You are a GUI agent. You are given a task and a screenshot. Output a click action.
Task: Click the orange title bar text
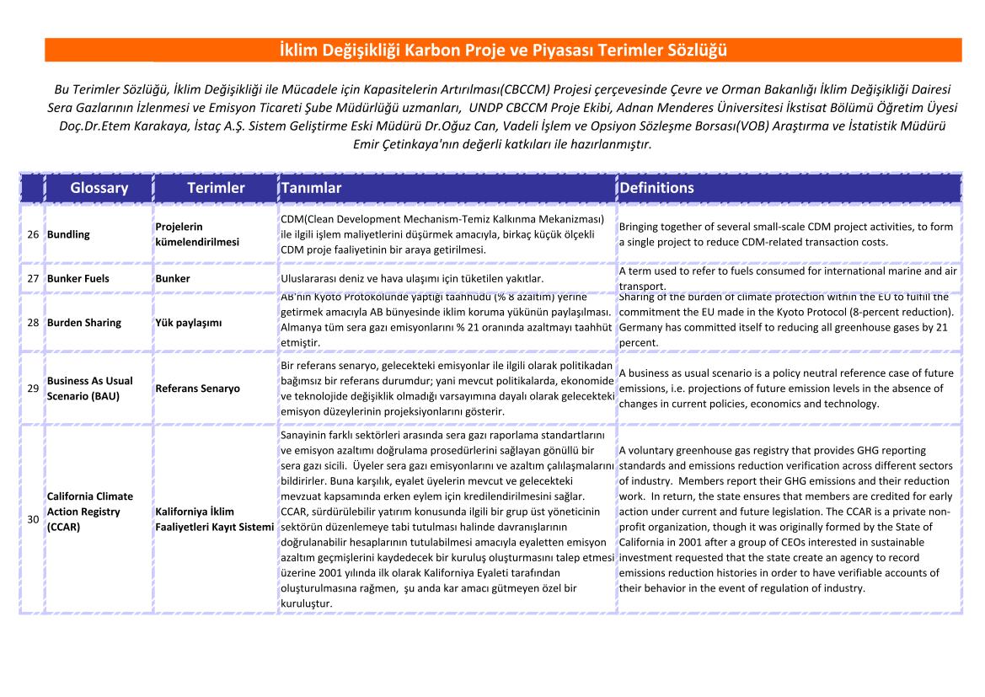503,50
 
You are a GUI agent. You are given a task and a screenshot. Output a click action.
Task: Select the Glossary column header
99,188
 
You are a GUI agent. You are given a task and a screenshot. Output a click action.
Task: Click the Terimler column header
216,188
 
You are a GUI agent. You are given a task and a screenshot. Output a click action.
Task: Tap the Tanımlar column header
312,188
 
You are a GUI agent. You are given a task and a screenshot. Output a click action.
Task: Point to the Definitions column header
656,188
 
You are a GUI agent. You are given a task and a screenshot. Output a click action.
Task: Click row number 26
33,234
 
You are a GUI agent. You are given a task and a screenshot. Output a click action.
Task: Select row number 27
33,278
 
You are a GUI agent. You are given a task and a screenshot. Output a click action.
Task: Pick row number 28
33,323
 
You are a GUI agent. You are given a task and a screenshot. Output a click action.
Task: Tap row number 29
33,389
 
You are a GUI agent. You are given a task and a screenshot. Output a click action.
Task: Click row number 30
33,519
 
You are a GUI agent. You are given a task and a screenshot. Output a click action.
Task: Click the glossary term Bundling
68,234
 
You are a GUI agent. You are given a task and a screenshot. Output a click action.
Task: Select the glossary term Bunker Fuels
78,278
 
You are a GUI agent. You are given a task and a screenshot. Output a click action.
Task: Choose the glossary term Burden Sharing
84,323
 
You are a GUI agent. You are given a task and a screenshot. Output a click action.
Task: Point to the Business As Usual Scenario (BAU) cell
90,389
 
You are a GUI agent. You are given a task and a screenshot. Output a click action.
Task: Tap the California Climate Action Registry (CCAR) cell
90,512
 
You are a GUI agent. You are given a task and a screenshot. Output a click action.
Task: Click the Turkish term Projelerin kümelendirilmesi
197,234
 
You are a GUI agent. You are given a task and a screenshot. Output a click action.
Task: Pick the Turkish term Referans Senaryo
197,389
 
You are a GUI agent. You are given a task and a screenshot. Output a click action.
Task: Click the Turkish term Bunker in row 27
173,278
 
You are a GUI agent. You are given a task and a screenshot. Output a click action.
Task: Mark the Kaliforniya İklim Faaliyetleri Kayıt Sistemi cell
215,519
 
